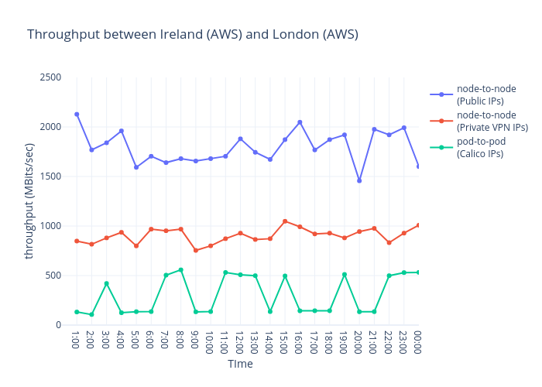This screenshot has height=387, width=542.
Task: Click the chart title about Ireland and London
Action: [x=193, y=35]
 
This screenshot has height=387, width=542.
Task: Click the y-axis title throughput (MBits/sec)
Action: [x=29, y=200]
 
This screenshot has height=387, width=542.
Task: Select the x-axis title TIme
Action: [x=240, y=364]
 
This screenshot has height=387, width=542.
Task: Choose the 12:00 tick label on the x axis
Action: [x=240, y=341]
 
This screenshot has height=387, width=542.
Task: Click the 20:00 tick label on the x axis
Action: [x=359, y=341]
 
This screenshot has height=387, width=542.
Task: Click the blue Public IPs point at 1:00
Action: [x=77, y=115]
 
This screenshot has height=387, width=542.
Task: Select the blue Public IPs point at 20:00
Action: [x=359, y=180]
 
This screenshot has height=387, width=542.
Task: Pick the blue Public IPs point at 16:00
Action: [x=300, y=122]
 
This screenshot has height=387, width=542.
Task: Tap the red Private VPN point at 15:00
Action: [x=285, y=221]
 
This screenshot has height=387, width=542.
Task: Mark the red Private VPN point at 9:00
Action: [x=196, y=250]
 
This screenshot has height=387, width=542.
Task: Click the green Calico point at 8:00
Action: [x=180, y=270]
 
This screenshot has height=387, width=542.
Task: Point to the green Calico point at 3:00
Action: [x=106, y=283]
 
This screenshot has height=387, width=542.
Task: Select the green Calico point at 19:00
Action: [x=345, y=275]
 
